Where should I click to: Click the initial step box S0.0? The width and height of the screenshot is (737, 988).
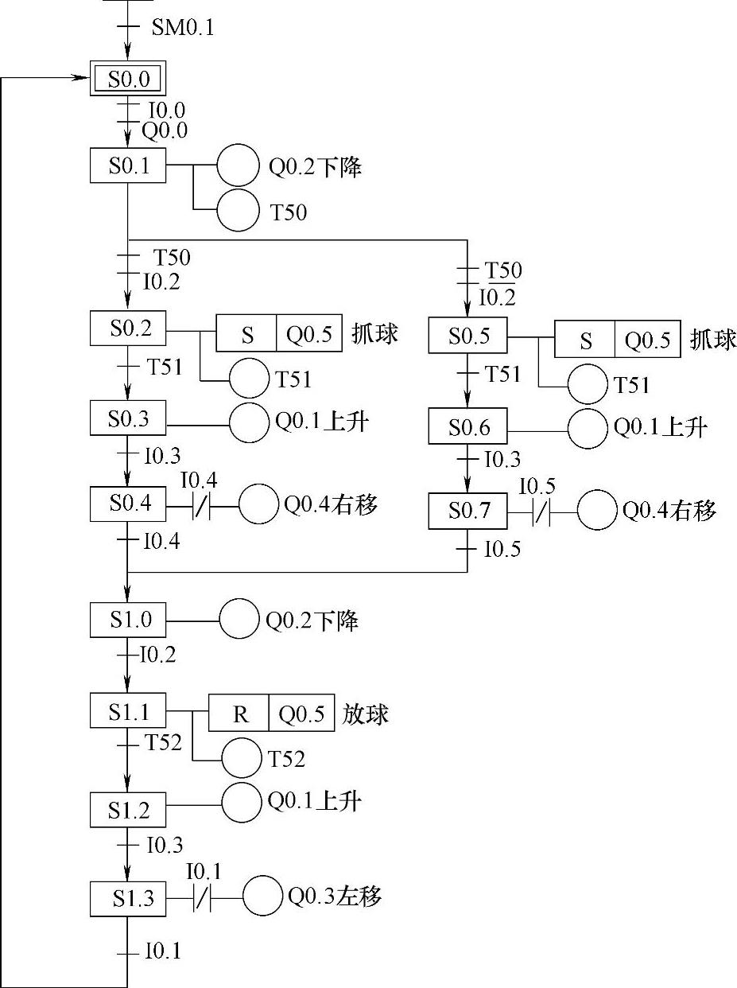pyautogui.click(x=128, y=79)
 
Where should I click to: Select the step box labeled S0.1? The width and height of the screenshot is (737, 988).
pyautogui.click(x=128, y=166)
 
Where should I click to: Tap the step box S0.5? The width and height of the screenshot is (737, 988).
pyautogui.click(x=467, y=335)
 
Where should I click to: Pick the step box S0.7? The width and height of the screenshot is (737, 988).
pyautogui.click(x=467, y=511)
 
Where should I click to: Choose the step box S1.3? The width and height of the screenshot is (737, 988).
pyautogui.click(x=128, y=899)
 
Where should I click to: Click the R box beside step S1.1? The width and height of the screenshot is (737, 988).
pyautogui.click(x=239, y=714)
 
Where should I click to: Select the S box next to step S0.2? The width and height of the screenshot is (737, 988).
pyautogui.click(x=247, y=335)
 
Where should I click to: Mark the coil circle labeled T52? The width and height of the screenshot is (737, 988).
pyautogui.click(x=242, y=757)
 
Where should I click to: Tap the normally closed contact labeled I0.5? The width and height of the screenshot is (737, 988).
pyautogui.click(x=541, y=512)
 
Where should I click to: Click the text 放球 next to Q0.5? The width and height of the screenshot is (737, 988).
pyautogui.click(x=366, y=714)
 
